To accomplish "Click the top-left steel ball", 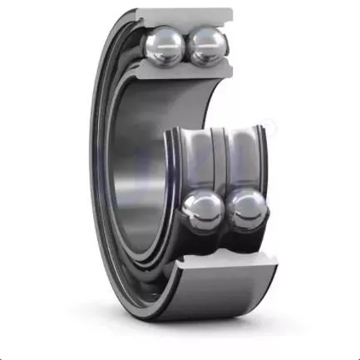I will pyautogui.click(x=167, y=47).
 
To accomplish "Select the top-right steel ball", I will pyautogui.click(x=205, y=47).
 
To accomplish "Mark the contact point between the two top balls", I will pyautogui.click(x=186, y=47).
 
